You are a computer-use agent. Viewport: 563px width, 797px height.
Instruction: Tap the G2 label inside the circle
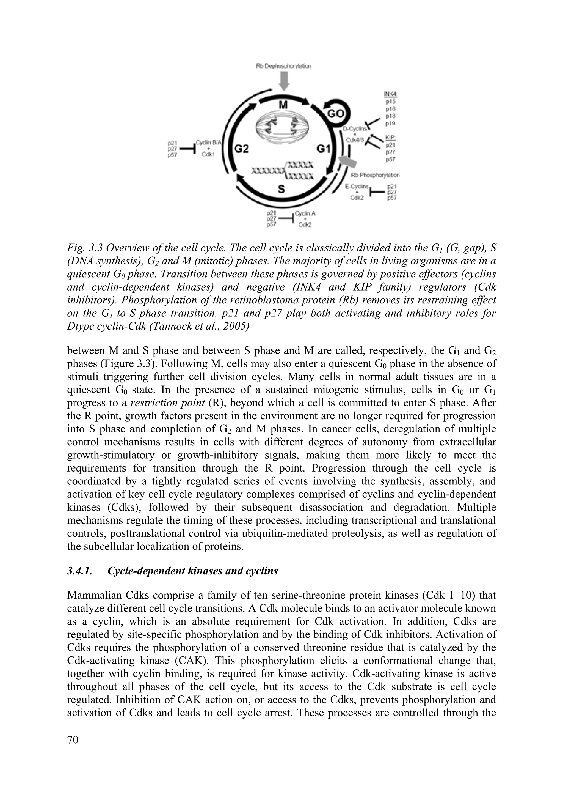[241, 149]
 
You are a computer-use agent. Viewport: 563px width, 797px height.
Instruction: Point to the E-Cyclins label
[357, 187]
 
